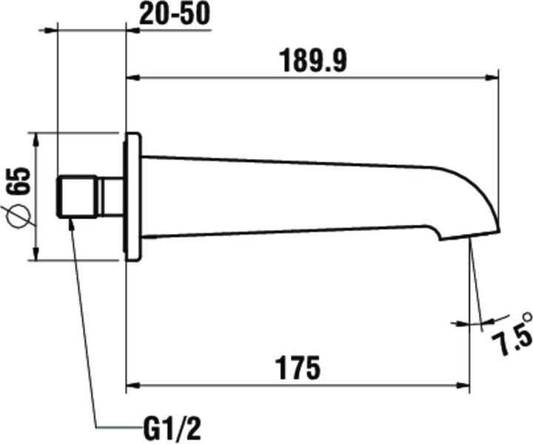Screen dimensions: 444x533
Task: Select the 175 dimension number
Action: (298, 368)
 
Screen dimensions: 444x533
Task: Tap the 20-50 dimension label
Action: (172, 14)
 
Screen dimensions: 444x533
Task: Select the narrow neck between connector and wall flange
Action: (112, 197)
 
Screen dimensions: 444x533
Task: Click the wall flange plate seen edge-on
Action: (133, 197)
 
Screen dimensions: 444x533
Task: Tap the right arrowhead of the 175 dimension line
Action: (463, 385)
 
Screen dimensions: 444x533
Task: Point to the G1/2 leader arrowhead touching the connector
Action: (71, 223)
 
